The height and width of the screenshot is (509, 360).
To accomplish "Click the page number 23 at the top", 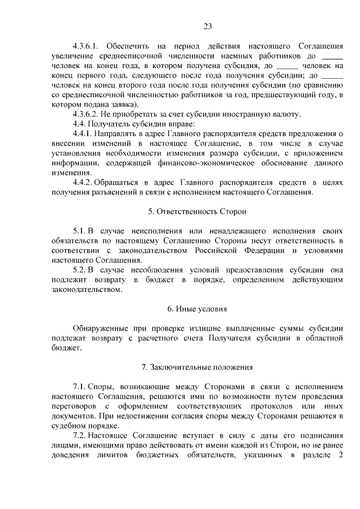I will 207,26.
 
